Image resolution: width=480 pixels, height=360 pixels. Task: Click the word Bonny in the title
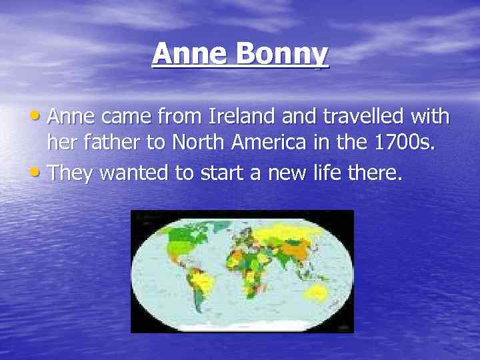(289, 55)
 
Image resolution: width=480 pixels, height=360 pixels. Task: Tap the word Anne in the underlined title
(191, 54)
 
